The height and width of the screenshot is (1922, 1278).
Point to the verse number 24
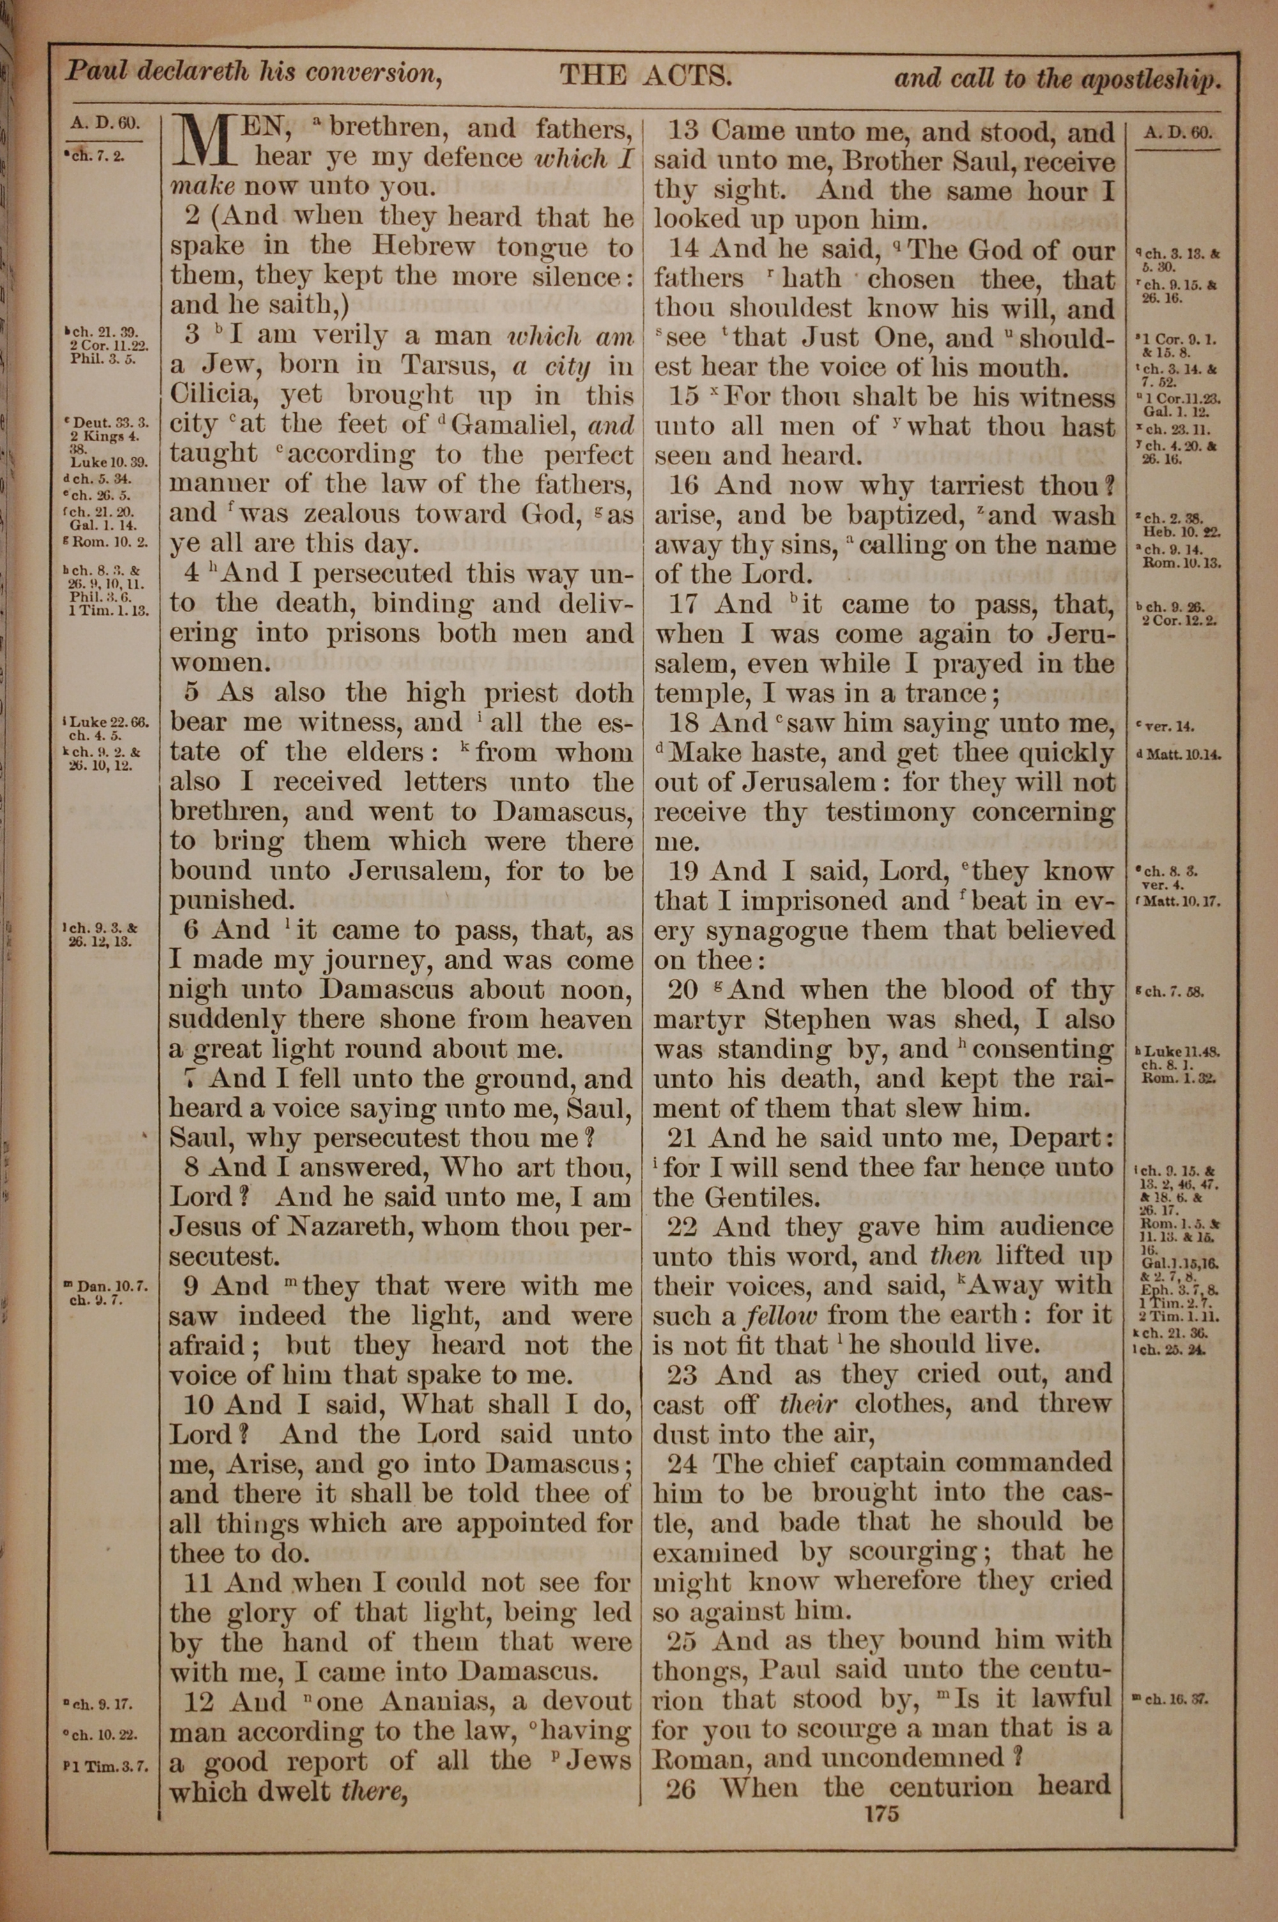coord(683,1463)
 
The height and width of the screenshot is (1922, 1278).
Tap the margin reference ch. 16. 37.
coord(1174,1696)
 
